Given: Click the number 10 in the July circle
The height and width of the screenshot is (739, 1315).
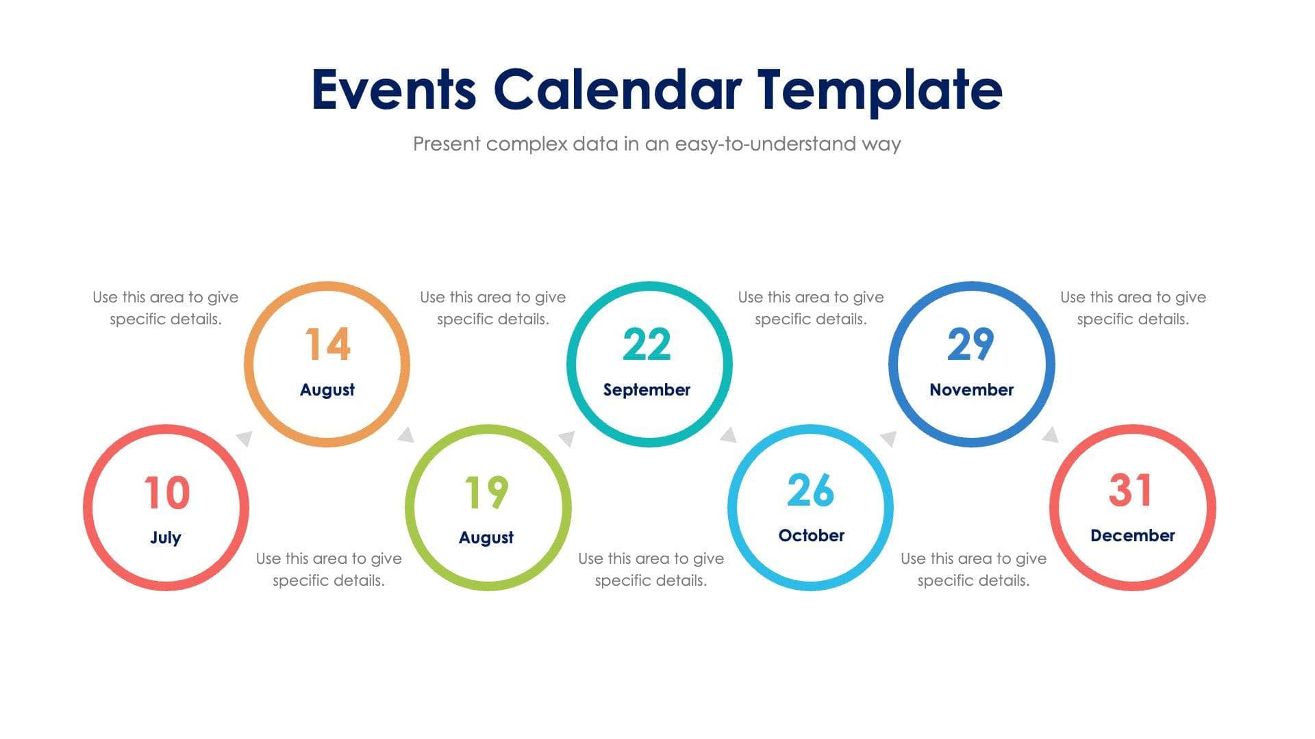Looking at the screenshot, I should point(166,493).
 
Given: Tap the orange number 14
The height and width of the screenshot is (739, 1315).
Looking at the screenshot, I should point(327,344).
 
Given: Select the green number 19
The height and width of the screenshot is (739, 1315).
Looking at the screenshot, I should point(486,493).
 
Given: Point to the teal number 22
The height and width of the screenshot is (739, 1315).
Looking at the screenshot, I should point(647,344).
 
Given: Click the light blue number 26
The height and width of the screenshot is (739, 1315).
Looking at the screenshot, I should point(810,491).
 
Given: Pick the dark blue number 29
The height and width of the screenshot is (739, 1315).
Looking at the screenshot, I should point(970,344).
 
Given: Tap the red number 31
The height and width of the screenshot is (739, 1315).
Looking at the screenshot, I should point(1131,490).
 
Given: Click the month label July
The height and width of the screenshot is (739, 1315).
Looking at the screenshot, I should point(166,537).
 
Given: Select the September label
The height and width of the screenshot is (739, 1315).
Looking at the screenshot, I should point(647,389).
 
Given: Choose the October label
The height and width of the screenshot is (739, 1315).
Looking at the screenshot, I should point(811,535).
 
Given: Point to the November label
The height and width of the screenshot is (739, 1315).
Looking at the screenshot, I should point(971,389).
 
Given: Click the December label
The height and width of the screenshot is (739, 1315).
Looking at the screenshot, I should point(1132,535).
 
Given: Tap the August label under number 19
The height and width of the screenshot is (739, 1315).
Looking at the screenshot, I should point(486,537).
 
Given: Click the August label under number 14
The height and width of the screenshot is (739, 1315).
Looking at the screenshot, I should point(327,389).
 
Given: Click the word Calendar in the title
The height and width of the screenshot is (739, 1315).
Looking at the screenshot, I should point(617,90).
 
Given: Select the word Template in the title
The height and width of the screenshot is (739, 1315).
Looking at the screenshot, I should point(879,90).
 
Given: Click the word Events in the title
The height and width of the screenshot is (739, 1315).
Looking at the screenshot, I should point(394,90).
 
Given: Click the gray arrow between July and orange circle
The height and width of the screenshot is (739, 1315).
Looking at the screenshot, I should point(245,438).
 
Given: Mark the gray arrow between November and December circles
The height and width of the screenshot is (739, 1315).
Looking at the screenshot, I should point(1050,435).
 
